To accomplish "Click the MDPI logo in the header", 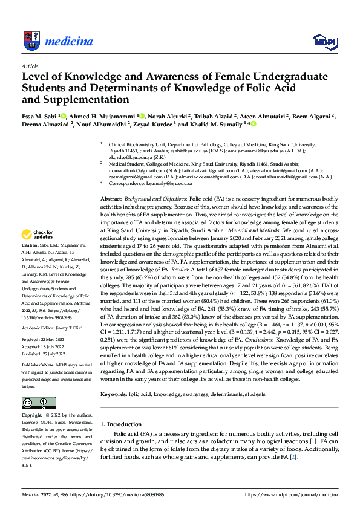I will tap(322, 41).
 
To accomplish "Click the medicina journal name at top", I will tap(70, 41).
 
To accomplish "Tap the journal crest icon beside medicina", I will tap(31, 41).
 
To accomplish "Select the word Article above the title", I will tap(29, 65).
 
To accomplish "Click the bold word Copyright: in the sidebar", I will tap(32, 416).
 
